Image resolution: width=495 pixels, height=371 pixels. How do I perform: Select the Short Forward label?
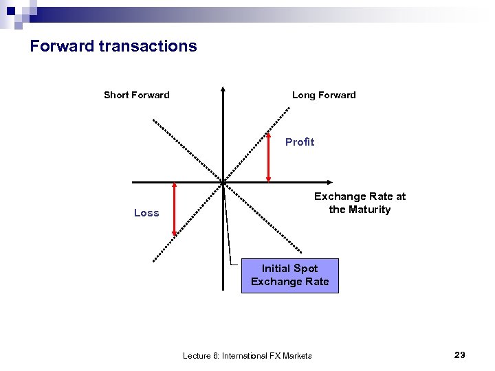coord(136,95)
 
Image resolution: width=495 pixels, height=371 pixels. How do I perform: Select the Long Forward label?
coord(324,95)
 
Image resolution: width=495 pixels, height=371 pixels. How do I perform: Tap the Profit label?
coord(300,142)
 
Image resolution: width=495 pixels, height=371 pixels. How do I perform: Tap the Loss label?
coord(146,213)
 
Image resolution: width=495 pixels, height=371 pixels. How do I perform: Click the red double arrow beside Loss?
coord(175,210)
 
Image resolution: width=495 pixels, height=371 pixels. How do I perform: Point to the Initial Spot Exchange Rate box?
coord(289,275)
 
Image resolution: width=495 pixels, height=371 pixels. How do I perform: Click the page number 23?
coord(460,355)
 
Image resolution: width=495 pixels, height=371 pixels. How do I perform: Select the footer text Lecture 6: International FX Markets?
coord(247,355)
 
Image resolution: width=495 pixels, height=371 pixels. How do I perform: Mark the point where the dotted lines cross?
coord(223,182)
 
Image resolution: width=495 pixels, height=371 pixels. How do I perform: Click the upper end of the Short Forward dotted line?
coord(153,121)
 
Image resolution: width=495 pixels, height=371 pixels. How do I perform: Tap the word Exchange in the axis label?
coord(340,196)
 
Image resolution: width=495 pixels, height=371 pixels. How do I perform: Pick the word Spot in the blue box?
coord(306,268)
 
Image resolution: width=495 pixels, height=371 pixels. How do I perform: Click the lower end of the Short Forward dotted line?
coord(302,253)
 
